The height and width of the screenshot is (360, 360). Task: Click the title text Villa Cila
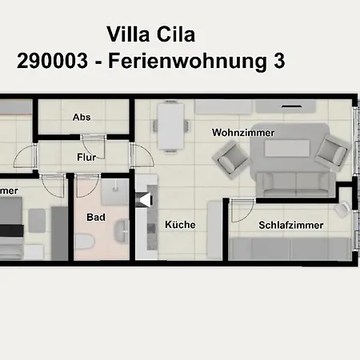coord(150,34)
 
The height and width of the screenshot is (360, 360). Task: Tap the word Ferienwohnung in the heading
coord(201,61)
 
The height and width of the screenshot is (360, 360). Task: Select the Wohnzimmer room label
coord(243,132)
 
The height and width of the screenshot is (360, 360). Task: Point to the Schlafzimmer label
coord(291,226)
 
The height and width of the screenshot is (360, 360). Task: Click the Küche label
coord(180,226)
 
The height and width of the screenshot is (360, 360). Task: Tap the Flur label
coord(86,158)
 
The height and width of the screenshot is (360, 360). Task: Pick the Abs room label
coord(82,118)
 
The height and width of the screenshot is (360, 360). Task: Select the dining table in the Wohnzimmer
coord(170,127)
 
